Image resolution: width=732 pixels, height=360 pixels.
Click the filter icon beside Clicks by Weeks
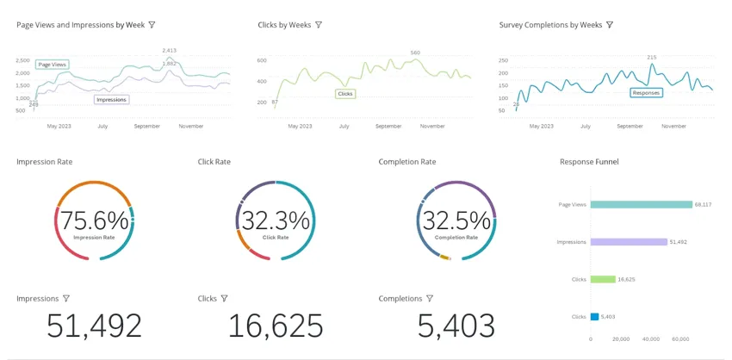click(319, 25)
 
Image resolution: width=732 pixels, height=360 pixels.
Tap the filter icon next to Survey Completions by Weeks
click(610, 25)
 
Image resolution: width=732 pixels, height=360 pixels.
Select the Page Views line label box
click(52, 65)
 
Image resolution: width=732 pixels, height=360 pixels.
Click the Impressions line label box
click(111, 99)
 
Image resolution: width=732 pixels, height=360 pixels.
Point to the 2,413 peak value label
click(170, 51)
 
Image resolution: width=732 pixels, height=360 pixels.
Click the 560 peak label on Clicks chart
click(415, 53)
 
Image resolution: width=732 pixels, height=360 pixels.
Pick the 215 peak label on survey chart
click(652, 57)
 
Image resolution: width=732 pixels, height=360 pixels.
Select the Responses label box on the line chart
click(646, 92)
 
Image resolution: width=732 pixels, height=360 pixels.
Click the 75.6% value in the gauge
click(95, 220)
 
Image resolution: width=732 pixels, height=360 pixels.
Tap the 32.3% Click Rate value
click(275, 220)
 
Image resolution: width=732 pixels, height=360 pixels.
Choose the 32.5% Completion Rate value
click(456, 220)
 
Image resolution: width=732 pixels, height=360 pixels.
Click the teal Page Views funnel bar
click(641, 204)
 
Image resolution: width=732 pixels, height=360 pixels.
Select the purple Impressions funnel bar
click(629, 242)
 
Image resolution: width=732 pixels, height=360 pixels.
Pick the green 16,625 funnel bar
click(603, 279)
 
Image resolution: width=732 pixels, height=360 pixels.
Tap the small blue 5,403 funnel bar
click(594, 317)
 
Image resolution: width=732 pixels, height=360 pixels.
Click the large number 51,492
click(94, 326)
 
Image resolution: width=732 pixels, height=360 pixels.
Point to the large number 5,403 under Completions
click(456, 326)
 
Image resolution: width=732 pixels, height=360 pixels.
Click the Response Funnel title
click(589, 162)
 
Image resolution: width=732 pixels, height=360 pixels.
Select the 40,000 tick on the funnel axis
click(651, 338)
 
